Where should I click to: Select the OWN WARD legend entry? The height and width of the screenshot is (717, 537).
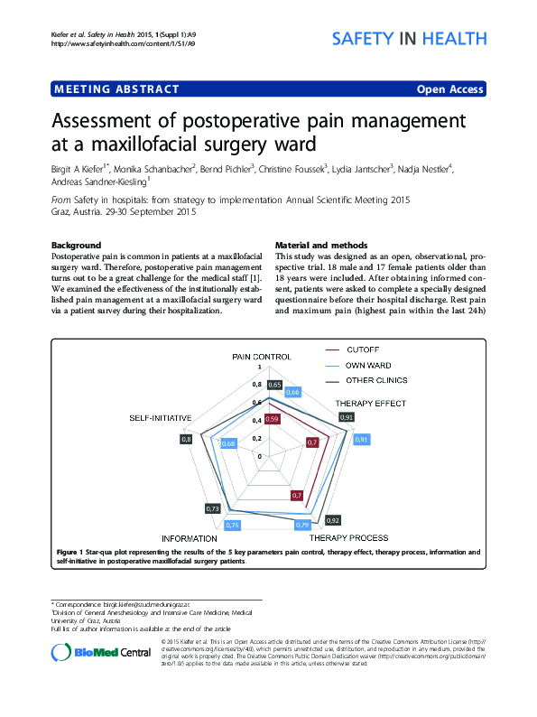pyautogui.click(x=371, y=365)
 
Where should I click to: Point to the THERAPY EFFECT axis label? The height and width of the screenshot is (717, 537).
pyautogui.click(x=371, y=403)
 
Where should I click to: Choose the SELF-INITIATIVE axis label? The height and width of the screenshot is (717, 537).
pyautogui.click(x=161, y=419)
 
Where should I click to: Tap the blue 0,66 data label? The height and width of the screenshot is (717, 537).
pyautogui.click(x=292, y=393)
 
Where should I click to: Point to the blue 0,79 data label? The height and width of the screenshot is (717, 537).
pyautogui.click(x=303, y=525)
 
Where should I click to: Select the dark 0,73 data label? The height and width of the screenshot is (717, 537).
pyautogui.click(x=213, y=509)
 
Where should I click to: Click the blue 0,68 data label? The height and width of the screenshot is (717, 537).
pyautogui.click(x=228, y=443)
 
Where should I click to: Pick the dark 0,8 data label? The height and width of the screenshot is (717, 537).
pyautogui.click(x=187, y=439)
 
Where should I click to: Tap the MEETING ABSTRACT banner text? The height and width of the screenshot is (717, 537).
pyautogui.click(x=117, y=89)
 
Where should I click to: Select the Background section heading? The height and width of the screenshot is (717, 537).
pyautogui.click(x=76, y=246)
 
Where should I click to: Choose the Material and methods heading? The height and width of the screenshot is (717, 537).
pyautogui.click(x=320, y=246)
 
